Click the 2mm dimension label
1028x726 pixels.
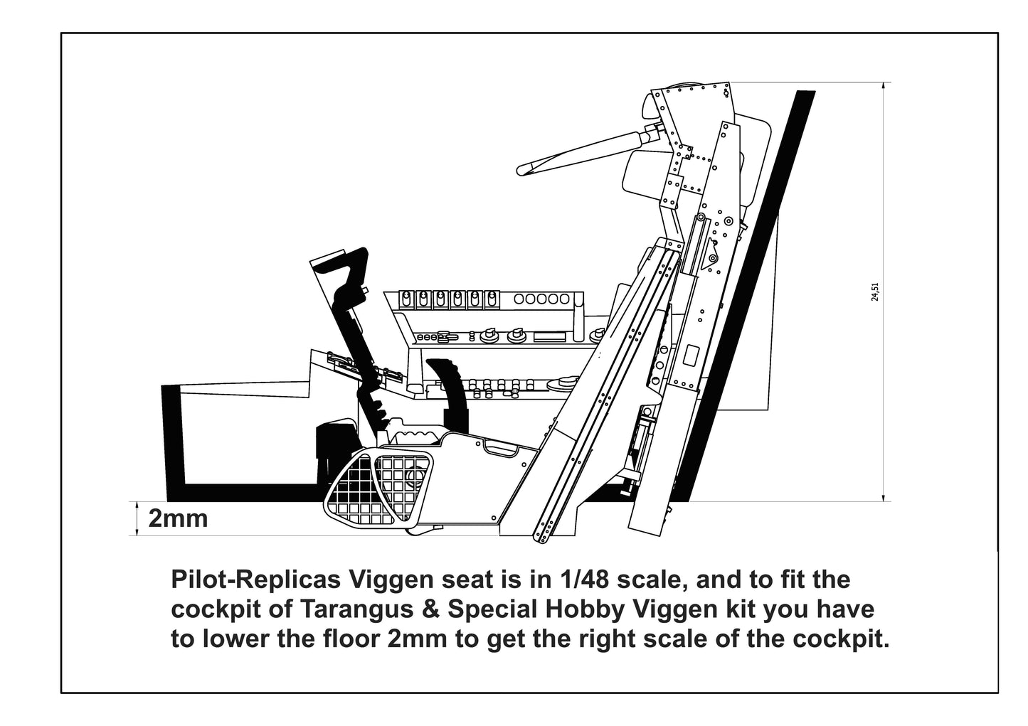(x=178, y=518)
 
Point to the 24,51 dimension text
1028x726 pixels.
(x=875, y=292)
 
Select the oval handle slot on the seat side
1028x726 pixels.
(x=502, y=448)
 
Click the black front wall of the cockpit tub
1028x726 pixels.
(x=173, y=441)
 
